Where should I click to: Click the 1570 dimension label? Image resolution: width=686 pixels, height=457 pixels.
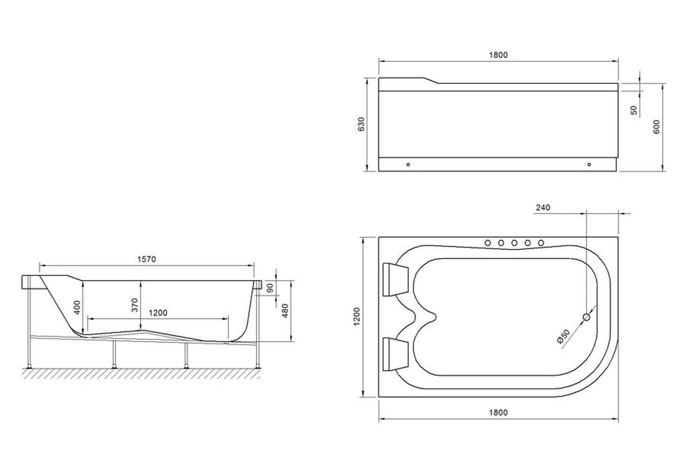pyautogui.click(x=146, y=259)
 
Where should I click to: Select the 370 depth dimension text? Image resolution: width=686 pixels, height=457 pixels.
pyautogui.click(x=135, y=305)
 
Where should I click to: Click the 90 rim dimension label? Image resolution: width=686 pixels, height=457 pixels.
pyautogui.click(x=270, y=288)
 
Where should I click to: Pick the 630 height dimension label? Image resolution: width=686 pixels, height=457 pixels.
pyautogui.click(x=361, y=124)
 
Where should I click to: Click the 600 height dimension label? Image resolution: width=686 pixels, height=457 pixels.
pyautogui.click(x=656, y=126)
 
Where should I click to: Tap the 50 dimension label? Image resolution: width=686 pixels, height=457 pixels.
pyautogui.click(x=634, y=110)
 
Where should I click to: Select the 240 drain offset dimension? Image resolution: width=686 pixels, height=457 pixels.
pyautogui.click(x=543, y=208)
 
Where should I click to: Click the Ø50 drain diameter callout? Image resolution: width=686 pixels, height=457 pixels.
pyautogui.click(x=563, y=336)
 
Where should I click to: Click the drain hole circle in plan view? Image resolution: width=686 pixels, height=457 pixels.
pyautogui.click(x=587, y=317)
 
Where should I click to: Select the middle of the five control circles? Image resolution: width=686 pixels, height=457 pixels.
pyautogui.click(x=514, y=243)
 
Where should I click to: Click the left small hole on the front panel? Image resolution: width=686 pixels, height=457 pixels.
pyautogui.click(x=408, y=165)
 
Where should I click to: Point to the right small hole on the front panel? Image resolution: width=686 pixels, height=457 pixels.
pyautogui.click(x=589, y=165)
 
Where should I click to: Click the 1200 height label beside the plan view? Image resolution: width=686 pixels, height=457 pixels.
pyautogui.click(x=356, y=316)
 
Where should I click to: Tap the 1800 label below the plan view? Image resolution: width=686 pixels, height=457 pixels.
pyautogui.click(x=498, y=412)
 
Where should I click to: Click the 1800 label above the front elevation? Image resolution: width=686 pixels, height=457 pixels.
pyautogui.click(x=498, y=55)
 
